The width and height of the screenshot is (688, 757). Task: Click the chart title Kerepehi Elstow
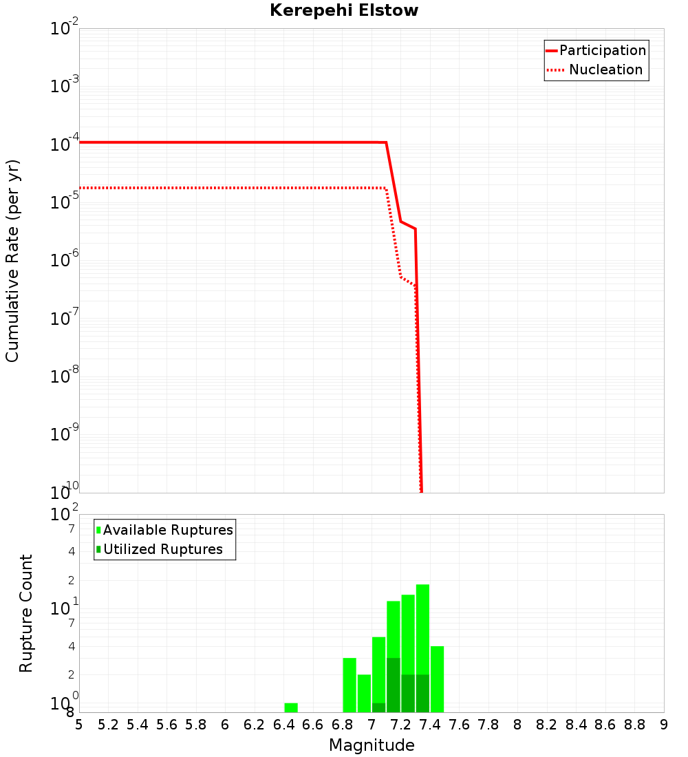[344, 10]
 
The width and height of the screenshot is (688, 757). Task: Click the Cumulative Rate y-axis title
[12, 261]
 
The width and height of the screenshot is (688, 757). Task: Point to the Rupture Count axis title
[26, 613]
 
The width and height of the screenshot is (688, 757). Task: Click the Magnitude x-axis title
[372, 745]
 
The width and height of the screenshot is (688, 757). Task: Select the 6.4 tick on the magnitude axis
[283, 725]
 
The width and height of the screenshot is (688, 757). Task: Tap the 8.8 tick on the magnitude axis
[635, 725]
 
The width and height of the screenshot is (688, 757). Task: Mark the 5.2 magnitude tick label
[108, 725]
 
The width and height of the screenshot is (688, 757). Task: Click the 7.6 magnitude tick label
[459, 725]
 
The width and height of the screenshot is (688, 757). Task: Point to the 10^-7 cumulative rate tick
[63, 319]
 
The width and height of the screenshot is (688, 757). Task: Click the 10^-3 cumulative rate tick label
[63, 87]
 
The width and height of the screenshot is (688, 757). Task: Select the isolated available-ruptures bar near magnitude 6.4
[291, 707]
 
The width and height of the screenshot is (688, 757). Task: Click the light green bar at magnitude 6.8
[350, 685]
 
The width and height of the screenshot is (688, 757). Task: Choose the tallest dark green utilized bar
[394, 685]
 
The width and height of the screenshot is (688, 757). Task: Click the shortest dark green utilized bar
[378, 707]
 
